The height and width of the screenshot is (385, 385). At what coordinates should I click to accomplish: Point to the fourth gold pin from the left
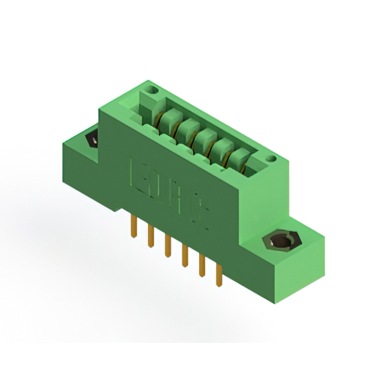(185, 255)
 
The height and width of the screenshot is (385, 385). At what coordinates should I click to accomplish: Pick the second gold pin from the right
(202, 265)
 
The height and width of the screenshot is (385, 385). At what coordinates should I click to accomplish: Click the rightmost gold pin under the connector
(219, 274)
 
